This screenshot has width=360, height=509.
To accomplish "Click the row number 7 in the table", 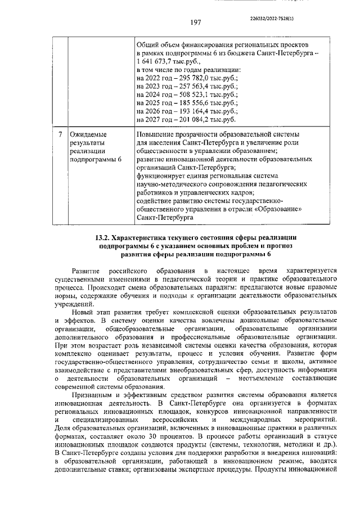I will [60, 135].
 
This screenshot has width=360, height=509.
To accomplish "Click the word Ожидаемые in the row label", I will [88, 135].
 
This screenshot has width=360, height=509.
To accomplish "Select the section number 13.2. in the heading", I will [105, 237].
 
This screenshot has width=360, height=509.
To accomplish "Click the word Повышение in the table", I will [157, 135].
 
